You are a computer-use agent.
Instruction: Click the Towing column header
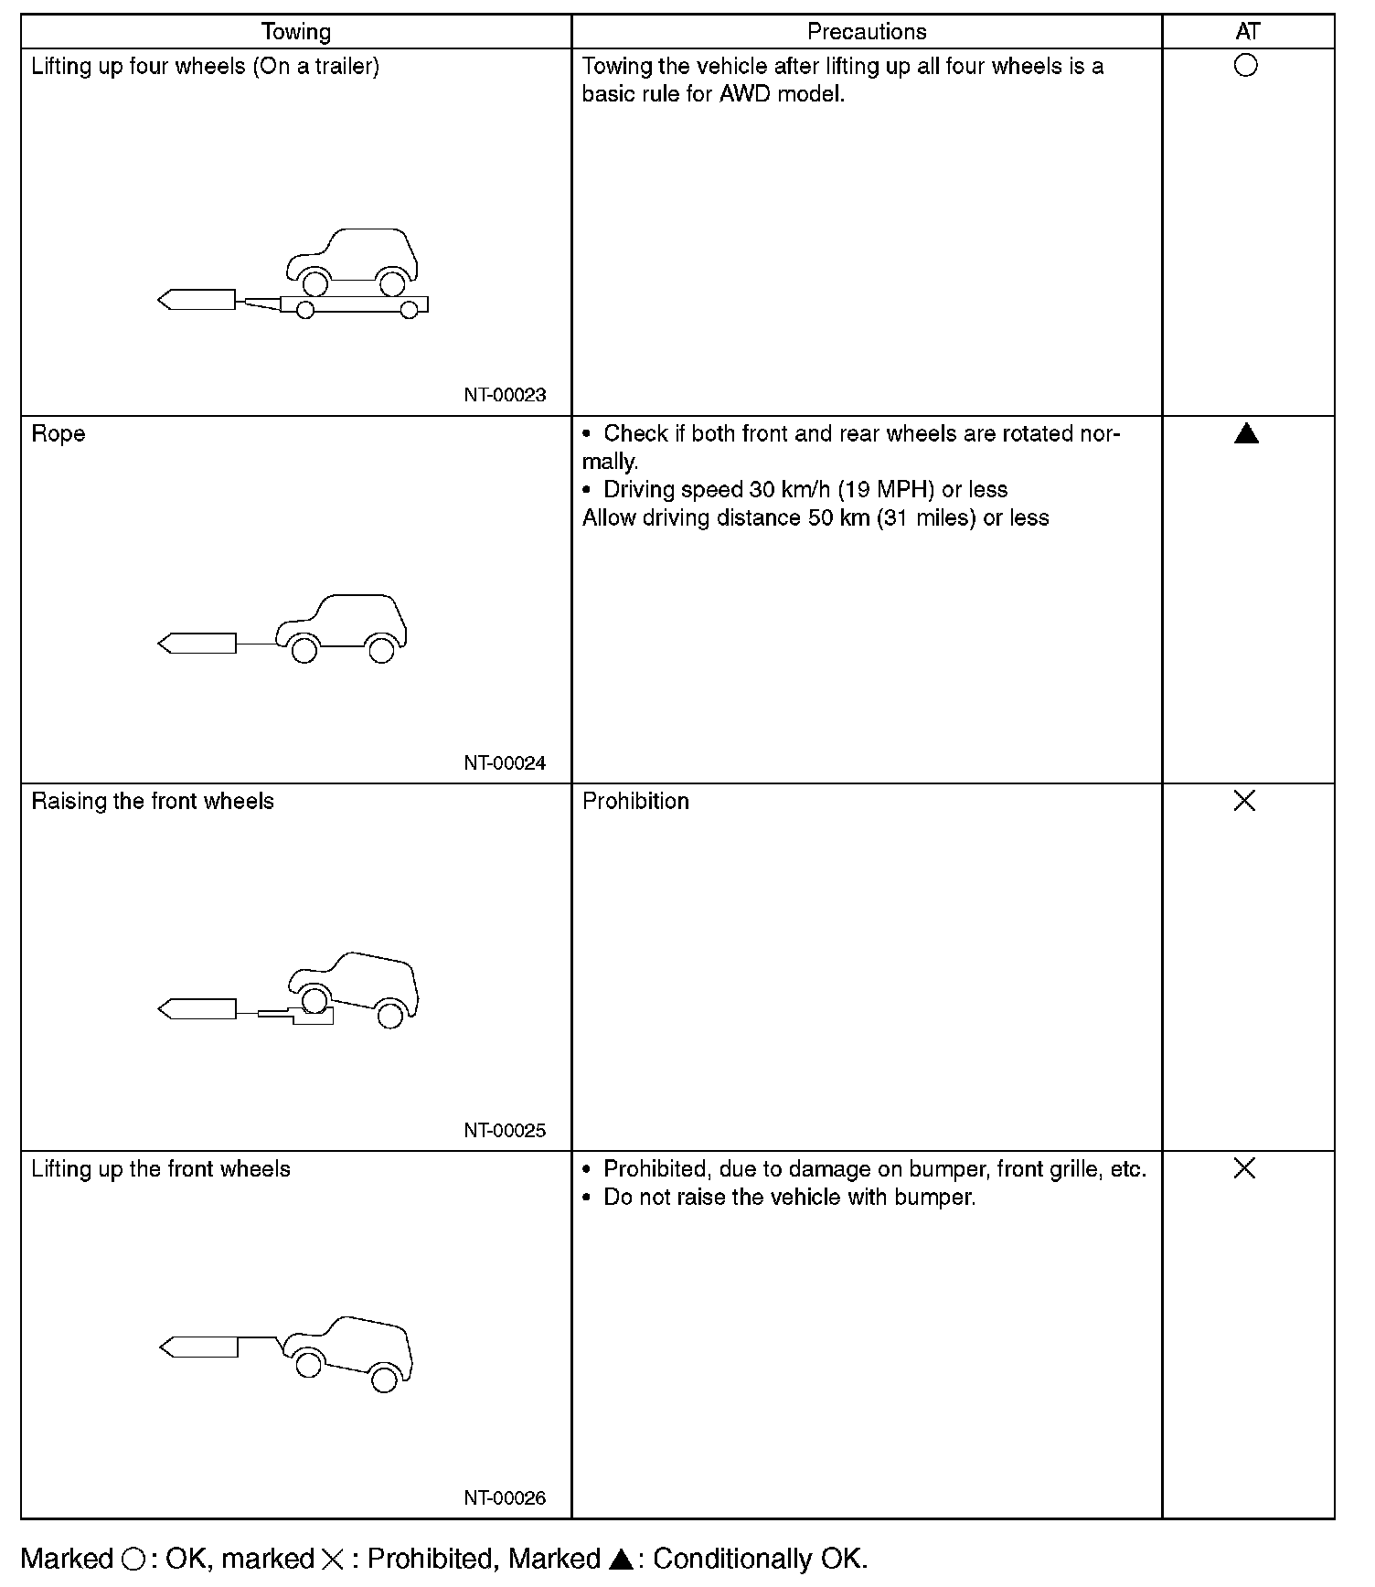295,32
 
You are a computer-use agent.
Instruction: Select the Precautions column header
866,32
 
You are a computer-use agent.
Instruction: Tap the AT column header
1247,32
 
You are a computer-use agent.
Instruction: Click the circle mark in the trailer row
1245,66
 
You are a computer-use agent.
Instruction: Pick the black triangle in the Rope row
1246,434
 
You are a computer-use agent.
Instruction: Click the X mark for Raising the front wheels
1244,801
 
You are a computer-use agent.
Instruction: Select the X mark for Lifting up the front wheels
1244,1168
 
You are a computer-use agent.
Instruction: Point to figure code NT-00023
505,395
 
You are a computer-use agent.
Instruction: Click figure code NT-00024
505,762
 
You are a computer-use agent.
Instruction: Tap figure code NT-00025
505,1130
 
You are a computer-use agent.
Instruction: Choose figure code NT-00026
505,1497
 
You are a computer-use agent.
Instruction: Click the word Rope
59,433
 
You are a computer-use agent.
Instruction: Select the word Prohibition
635,802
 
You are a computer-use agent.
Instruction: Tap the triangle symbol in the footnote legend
621,1560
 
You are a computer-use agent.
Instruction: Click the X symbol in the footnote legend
333,1560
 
